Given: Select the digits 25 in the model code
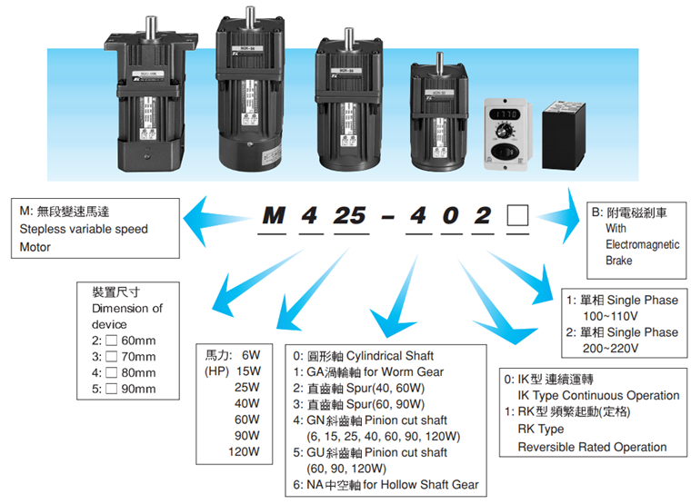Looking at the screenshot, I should coord(349,216).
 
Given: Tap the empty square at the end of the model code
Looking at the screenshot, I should coord(517,216).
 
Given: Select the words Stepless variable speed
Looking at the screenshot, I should coord(83,229).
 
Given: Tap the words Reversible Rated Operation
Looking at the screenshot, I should coord(592,447).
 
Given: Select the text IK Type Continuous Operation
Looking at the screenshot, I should coord(598,395).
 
